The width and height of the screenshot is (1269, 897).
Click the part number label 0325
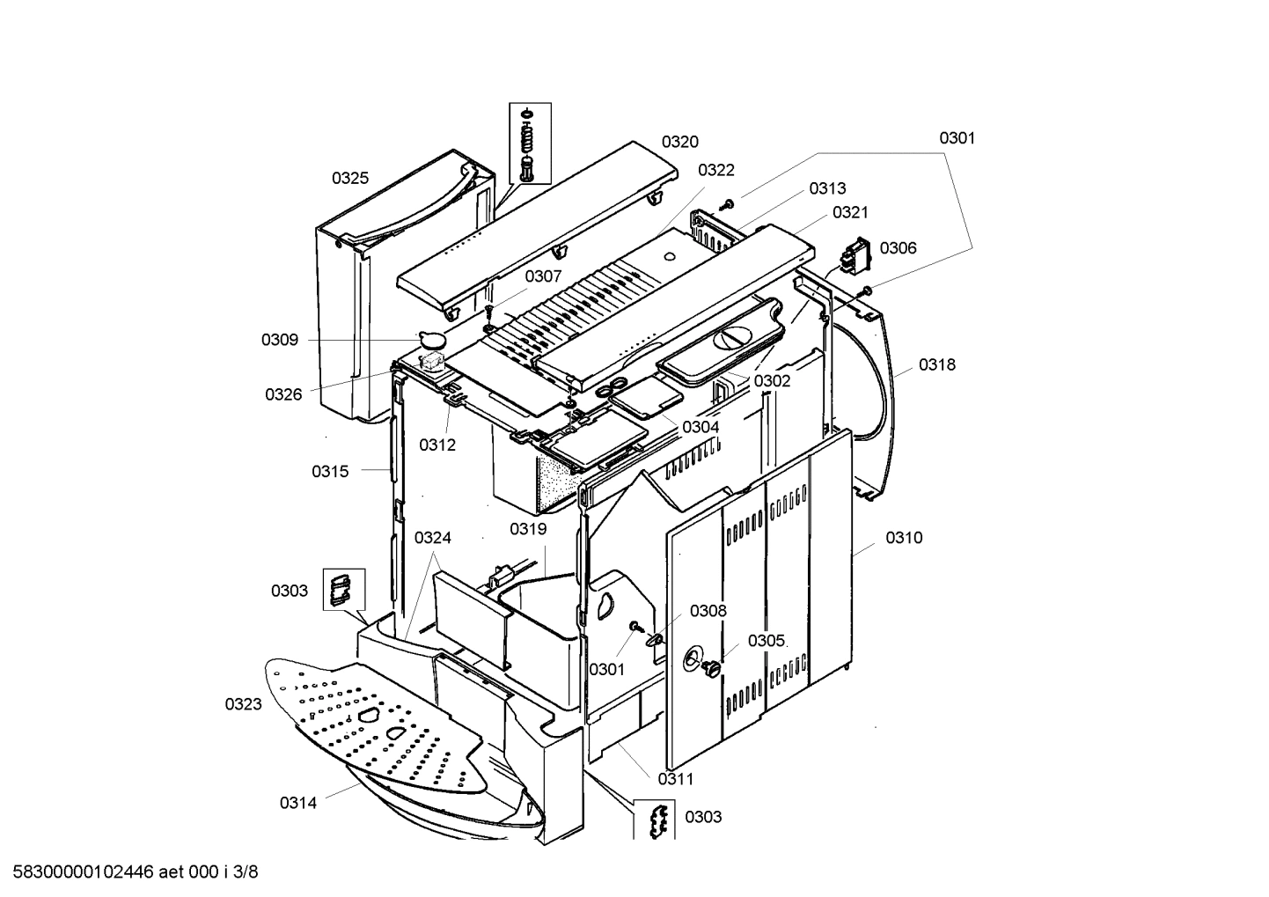click(x=350, y=178)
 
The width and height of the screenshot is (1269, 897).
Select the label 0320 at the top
click(x=680, y=142)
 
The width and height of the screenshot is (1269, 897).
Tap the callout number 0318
click(x=936, y=364)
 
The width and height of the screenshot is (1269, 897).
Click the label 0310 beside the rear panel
click(x=904, y=538)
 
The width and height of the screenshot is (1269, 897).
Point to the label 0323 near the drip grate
click(x=243, y=704)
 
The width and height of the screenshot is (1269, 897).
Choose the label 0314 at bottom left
click(x=298, y=802)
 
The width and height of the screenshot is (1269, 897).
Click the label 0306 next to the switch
click(x=898, y=248)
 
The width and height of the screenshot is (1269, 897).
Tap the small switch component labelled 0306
click(x=854, y=257)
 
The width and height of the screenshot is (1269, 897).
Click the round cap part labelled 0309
click(x=431, y=337)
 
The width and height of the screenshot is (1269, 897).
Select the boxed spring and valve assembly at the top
click(x=529, y=143)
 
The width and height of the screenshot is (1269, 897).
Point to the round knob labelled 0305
click(x=710, y=671)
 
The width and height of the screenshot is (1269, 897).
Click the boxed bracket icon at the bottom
click(x=655, y=820)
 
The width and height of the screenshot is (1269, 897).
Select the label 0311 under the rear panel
click(x=675, y=779)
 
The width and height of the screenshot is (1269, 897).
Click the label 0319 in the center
click(x=528, y=529)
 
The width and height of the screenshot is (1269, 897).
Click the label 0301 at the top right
click(x=957, y=138)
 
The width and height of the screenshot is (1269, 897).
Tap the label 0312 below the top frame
click(x=437, y=445)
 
